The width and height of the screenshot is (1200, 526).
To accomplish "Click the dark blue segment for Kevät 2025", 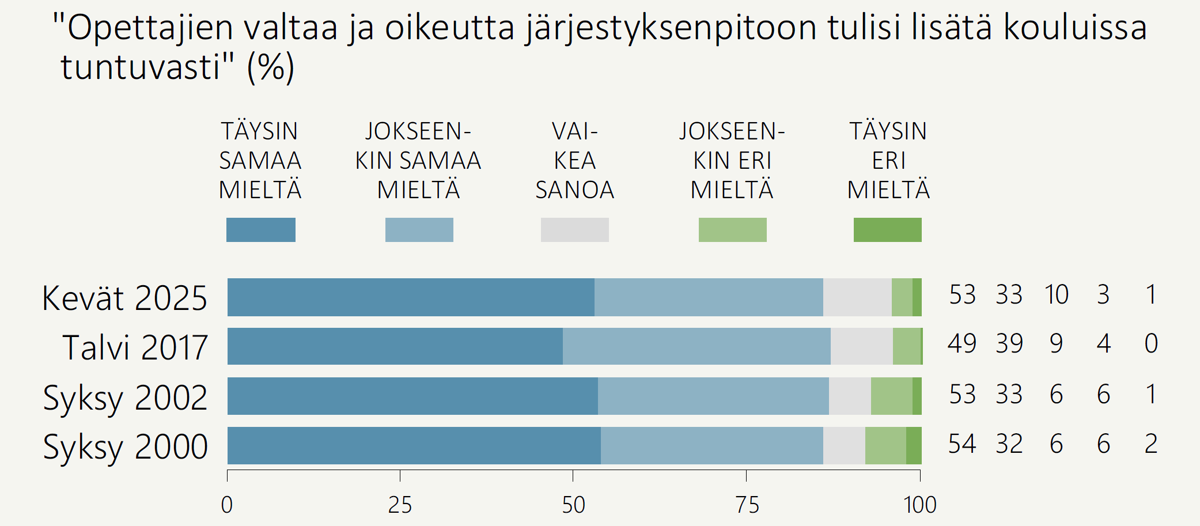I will coord(411,297).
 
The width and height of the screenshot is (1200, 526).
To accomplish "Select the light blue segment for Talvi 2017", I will coord(696,346).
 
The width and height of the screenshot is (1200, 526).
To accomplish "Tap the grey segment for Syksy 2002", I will coord(850,396).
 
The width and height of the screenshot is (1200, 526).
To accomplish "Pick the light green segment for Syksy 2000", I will coord(885,445).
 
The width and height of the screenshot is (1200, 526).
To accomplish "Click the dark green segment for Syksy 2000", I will coord(914,445).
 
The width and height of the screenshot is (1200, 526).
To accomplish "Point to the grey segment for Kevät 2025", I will coord(857,297).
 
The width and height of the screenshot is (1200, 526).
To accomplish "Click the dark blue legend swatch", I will coord(261,230).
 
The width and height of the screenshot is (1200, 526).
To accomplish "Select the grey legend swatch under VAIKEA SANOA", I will coord(574,230).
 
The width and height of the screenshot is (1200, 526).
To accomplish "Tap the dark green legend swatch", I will coord(887,230).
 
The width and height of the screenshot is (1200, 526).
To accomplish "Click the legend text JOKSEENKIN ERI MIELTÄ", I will coord(732,161).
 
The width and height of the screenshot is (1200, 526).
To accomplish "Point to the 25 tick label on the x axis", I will coord(400,505).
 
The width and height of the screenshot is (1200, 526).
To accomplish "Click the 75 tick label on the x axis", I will coord(747,505).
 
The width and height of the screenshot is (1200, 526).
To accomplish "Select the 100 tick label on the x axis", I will coord(920,505).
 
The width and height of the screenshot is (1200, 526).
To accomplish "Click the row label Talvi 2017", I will coord(135,347).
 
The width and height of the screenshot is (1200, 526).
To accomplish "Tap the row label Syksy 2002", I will coord(125,398).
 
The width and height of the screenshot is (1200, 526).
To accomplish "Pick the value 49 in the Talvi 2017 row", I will coord(962,344).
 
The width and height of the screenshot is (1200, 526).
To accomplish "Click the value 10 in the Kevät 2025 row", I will coord(1057,295).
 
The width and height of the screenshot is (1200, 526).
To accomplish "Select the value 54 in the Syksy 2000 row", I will coord(962,444).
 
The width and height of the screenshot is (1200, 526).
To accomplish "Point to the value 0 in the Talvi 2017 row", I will coord(1151,344).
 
